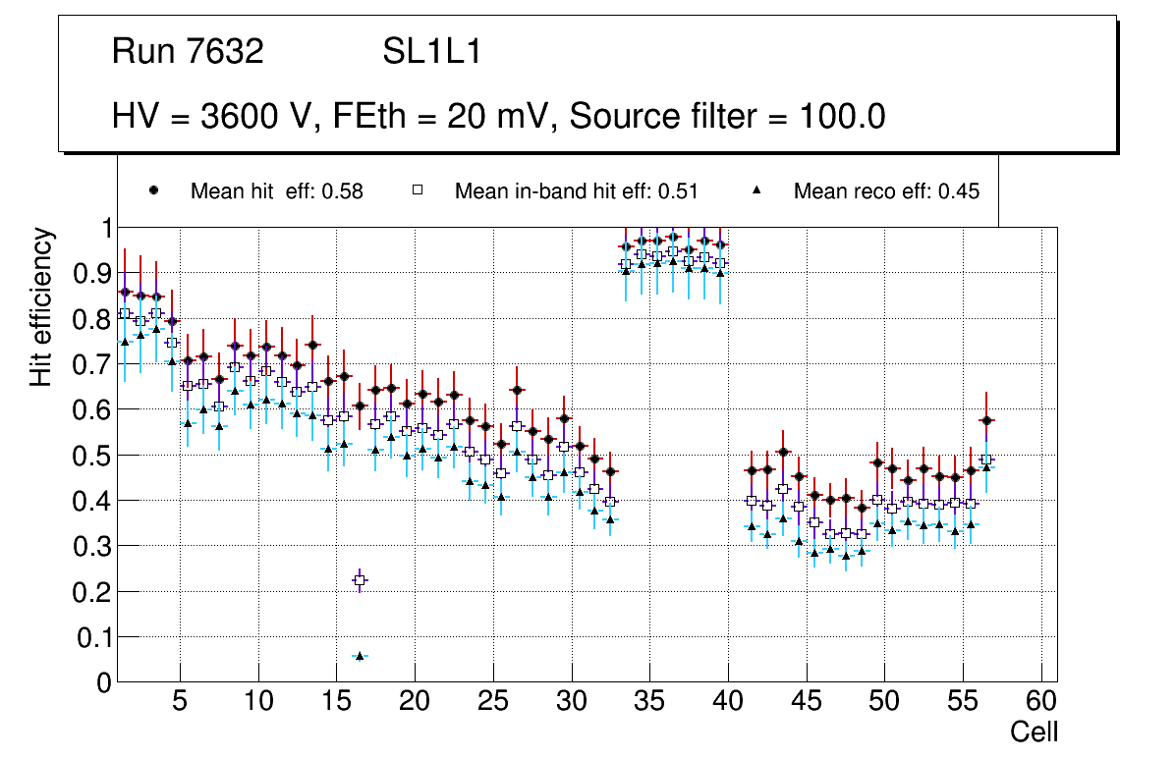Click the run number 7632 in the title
(228, 52)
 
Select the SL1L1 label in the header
(431, 52)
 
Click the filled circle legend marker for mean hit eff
(153, 190)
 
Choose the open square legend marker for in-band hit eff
(417, 190)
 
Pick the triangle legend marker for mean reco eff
(756, 190)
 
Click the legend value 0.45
(959, 191)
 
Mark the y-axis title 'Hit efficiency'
(41, 306)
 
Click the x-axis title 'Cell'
(1035, 731)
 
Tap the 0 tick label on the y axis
(101, 682)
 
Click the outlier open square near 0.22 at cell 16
(360, 580)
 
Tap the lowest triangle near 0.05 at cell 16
(360, 655)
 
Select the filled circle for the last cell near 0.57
(987, 420)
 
